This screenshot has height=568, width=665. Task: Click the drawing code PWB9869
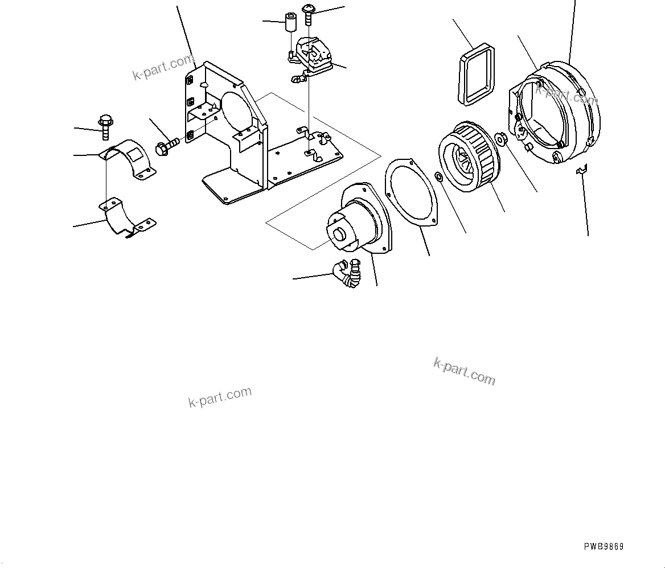click(x=604, y=546)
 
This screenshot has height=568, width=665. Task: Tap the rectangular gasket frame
click(x=477, y=75)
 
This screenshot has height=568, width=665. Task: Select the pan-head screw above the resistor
click(x=309, y=14)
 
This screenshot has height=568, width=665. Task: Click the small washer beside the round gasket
click(x=439, y=178)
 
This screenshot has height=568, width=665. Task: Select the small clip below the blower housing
click(x=581, y=170)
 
